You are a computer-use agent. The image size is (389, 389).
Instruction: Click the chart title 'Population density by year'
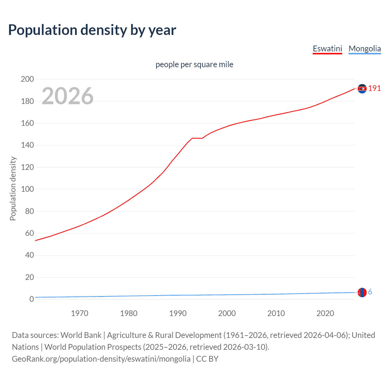pos(92,30)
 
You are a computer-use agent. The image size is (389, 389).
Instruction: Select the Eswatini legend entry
pos(327,49)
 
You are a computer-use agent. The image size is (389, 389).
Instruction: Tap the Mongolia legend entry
pos(364,49)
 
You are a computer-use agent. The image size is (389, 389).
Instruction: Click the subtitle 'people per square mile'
pos(194,64)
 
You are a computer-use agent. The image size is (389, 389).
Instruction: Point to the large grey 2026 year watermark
pos(67,96)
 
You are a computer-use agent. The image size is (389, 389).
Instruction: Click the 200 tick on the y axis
pos(27,79)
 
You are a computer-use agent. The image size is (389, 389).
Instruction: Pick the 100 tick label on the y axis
pos(27,189)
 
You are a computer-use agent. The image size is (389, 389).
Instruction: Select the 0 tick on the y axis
pos(32,299)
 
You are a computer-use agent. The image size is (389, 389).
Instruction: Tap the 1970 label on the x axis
pos(80,313)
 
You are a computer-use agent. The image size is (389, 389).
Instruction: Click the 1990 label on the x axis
pos(178,313)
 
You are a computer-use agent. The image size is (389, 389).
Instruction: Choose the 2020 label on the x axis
pos(325,313)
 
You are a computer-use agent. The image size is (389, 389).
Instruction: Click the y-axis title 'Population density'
pos(13,188)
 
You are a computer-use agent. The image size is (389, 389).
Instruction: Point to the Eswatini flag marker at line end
pos(362,89)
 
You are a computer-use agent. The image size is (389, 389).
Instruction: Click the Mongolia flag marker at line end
pos(362,292)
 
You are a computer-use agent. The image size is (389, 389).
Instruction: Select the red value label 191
pos(374,88)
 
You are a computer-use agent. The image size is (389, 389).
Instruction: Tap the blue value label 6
pos(370,292)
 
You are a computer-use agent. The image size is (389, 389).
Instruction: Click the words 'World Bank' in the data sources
pos(81,335)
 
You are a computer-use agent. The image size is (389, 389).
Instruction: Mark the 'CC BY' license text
pos(207,359)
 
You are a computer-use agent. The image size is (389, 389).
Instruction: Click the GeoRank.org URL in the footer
pos(101,359)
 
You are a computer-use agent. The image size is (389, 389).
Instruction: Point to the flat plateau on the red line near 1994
pos(197,138)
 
